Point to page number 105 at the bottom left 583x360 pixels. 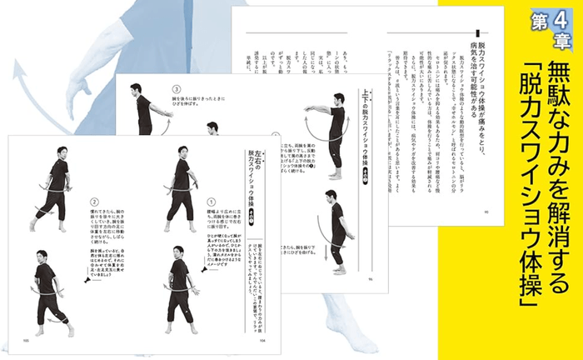pos(26,340)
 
